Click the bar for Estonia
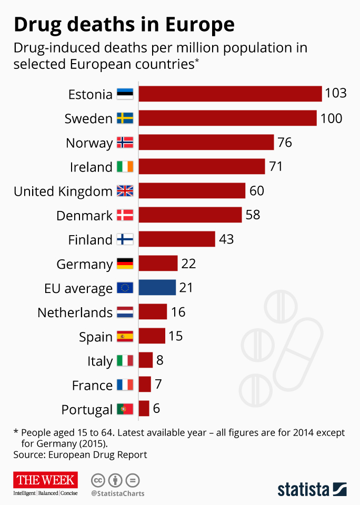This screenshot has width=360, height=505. pos(230,94)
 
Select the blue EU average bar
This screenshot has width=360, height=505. pos(157,288)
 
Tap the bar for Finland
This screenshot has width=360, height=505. pos(177,239)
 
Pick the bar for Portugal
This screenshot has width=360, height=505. pos(144,409)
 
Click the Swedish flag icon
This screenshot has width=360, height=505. pos(125,118)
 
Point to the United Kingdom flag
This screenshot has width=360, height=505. pos(125,191)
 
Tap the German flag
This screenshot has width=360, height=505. pos(125,264)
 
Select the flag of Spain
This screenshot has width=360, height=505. pos(125,336)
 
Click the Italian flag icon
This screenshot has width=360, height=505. pos(125,361)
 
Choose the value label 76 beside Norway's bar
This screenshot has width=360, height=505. pos(285,143)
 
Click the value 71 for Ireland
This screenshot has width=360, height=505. pos(276,167)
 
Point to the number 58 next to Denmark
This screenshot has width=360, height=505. pos(253,215)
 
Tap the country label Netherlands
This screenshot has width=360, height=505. pos(75,312)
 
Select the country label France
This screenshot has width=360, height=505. pos(92,385)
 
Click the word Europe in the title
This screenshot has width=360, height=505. pos(199,24)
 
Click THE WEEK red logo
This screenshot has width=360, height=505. pos(46,480)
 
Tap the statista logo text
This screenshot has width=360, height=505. pos(304,489)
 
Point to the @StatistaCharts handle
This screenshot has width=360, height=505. pos(117,493)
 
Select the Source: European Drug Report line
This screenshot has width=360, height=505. pos(80,454)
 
